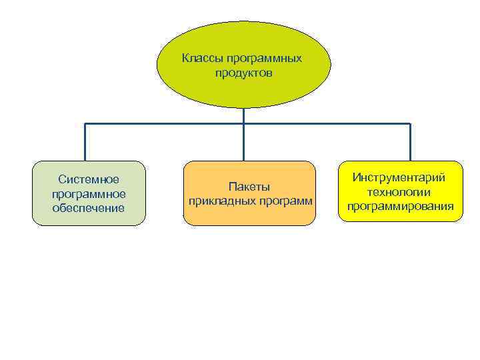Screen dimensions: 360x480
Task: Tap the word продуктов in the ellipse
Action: point(243,72)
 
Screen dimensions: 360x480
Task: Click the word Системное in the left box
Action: point(89,179)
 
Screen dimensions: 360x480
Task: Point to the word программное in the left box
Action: point(89,193)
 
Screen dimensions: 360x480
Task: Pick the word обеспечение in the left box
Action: point(89,208)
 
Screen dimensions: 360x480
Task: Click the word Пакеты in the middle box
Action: point(249,186)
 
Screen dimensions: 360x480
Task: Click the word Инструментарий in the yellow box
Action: point(399,178)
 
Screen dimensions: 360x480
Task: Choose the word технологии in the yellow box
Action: point(399,192)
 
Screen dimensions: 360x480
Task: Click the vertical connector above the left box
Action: point(85,142)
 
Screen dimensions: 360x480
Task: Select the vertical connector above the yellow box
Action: point(409,142)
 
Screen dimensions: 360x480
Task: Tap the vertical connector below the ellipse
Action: point(244,115)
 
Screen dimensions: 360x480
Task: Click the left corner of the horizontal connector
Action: point(85,124)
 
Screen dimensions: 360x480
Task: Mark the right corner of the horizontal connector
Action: point(409,124)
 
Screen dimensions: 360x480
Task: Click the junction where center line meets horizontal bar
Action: point(244,124)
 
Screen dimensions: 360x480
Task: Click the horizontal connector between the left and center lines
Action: point(165,124)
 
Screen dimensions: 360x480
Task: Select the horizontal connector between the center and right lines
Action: point(327,124)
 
